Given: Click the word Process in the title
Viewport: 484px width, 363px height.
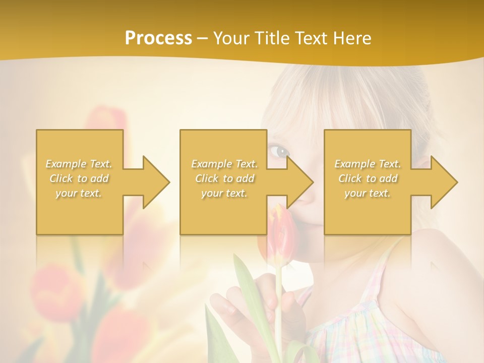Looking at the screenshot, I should point(158,38).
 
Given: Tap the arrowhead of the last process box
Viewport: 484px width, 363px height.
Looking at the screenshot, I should point(444,182).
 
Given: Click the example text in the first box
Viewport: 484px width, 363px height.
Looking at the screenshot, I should point(79,178).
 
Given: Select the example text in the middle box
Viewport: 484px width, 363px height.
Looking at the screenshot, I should point(224,178).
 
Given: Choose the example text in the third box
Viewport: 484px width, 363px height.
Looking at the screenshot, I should point(368,178).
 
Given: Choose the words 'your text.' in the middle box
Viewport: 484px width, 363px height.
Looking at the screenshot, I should point(224,193).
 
